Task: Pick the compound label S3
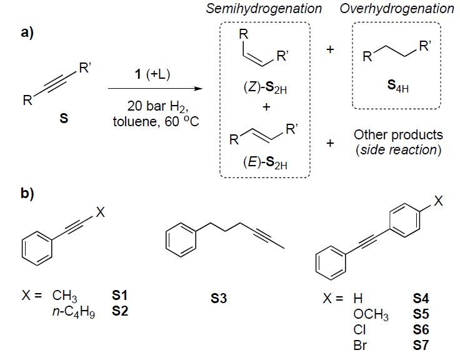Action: pos(219,299)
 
